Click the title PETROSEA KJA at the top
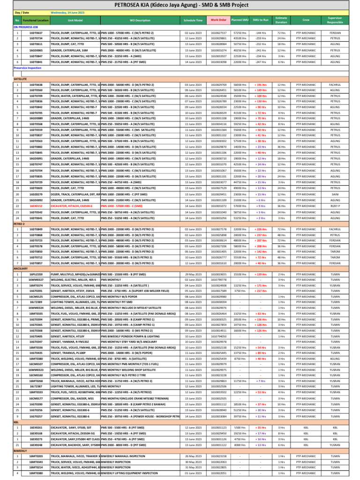180,4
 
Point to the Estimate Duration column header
281,20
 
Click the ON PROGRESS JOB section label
26,27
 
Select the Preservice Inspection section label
27,68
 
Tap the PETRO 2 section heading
19,224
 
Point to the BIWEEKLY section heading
20,449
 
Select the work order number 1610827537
218,32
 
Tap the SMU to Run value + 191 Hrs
261,85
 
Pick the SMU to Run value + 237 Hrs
261,234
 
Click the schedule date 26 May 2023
193,456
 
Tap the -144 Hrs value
261,32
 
